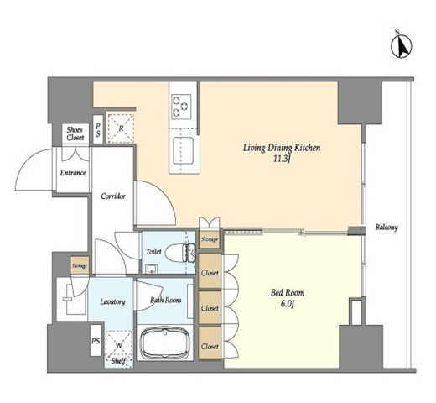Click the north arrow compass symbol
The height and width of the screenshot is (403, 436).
402,46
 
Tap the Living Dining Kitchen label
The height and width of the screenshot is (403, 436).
282,148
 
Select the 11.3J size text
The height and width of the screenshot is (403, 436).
282,160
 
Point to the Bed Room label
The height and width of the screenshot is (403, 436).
288,293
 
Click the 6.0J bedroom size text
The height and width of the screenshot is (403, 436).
288,304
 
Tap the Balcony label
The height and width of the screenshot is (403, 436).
387,228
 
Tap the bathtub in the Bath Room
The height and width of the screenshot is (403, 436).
165,343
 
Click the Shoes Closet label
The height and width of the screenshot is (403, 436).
75,133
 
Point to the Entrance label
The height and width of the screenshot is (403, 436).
73,173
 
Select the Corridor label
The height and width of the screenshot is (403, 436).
113,196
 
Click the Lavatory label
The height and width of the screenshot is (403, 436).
112,301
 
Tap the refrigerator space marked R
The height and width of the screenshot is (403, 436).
121,128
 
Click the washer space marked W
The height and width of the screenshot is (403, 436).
119,345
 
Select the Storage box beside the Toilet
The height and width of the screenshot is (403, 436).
210,239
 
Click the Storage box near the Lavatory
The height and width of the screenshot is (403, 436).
80,265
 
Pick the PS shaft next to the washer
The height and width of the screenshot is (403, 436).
96,341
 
